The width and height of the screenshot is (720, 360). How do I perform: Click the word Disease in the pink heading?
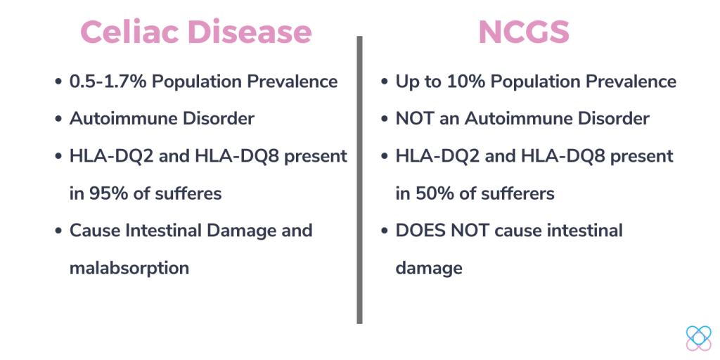(250, 32)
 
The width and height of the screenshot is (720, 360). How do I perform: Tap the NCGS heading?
(524, 32)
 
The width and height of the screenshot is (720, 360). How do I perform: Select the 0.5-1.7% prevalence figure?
(108, 82)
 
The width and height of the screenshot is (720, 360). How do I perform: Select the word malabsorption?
(129, 268)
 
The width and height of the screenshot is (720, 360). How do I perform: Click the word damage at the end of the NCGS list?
(429, 269)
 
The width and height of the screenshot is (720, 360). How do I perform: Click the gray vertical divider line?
(359, 180)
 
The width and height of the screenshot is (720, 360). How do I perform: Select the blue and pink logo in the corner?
(698, 338)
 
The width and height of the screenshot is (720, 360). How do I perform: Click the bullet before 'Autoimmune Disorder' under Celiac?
(58, 120)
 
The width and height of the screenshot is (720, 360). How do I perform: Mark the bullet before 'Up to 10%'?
(385, 82)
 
